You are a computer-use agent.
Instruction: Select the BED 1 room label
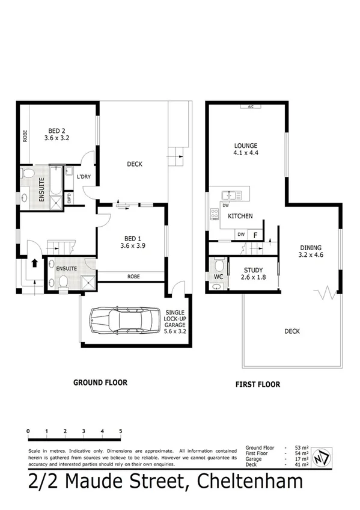tap(133, 241)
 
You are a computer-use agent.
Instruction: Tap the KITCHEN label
tap(240, 217)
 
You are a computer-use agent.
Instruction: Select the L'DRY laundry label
tap(84, 177)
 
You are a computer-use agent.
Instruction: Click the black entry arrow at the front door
tap(34, 263)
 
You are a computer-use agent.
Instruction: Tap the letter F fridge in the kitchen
tap(255, 235)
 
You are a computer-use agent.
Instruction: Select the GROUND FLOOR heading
tap(100, 382)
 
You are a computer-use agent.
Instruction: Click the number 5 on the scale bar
tap(121, 431)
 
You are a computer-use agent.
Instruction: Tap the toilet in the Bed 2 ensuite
tap(27, 174)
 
